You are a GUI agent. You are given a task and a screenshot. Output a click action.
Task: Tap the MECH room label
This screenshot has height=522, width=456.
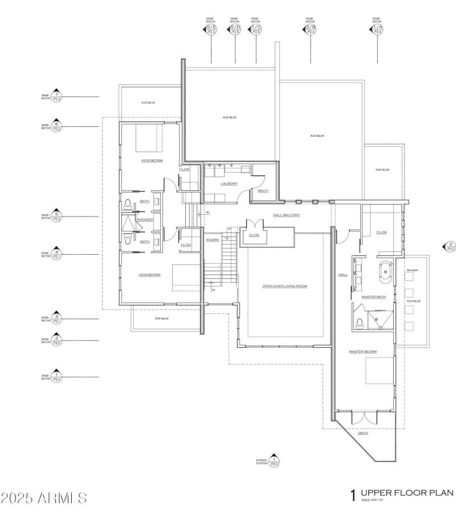(x=263, y=191)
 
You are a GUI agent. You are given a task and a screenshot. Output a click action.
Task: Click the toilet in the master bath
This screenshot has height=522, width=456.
(x=360, y=324)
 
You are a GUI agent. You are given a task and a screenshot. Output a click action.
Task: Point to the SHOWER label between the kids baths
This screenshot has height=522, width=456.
(x=144, y=219)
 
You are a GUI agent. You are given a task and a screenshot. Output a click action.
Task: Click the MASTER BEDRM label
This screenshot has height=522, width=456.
(x=363, y=352)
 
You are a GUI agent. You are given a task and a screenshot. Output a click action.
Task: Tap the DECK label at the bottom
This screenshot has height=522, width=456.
(x=363, y=433)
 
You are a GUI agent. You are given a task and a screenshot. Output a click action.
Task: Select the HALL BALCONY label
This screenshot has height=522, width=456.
(x=286, y=215)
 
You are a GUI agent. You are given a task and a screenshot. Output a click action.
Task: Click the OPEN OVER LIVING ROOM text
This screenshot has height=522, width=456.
(x=284, y=286)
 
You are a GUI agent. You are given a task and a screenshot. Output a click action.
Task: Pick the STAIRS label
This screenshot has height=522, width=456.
(x=213, y=240)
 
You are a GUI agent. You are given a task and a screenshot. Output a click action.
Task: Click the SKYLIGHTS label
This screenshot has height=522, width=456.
(x=412, y=270)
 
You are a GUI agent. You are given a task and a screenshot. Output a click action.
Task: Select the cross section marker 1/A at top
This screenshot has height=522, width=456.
(x=377, y=29)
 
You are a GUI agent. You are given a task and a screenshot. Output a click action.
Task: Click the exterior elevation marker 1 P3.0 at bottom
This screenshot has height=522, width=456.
(x=274, y=461)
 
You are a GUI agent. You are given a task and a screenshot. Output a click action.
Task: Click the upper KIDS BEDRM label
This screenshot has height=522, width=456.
(x=152, y=161)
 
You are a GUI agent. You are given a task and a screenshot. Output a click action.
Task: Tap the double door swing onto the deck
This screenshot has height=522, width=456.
(x=363, y=418)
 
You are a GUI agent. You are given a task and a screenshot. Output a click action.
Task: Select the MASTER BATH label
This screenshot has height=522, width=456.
(x=374, y=297)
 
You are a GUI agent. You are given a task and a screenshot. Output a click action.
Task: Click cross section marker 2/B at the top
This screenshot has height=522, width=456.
(x=311, y=29)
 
